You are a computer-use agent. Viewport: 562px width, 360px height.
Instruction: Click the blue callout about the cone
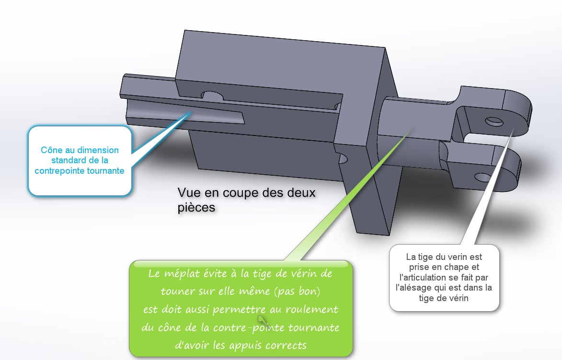tap(80, 161)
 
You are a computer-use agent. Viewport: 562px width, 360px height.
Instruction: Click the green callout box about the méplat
tap(241, 309)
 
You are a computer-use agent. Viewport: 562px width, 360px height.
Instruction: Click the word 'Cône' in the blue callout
tap(51, 150)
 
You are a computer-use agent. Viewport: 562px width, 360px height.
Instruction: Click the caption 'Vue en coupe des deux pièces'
tap(246, 200)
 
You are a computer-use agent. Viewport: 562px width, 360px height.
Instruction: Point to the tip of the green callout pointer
tap(411, 127)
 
